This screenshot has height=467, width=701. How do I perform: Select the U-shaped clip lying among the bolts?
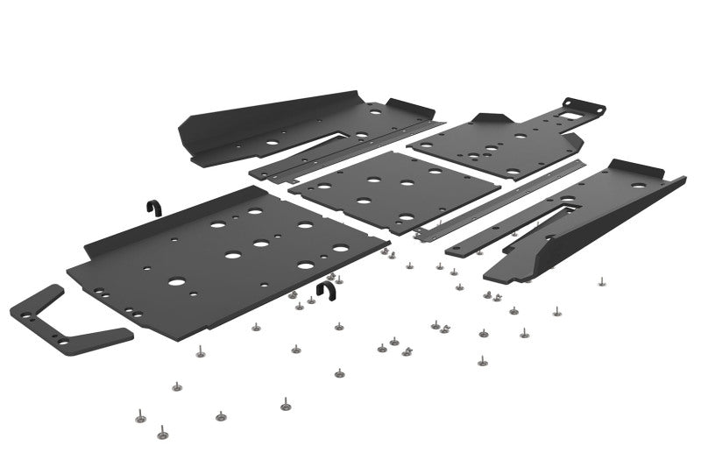[x=326, y=293]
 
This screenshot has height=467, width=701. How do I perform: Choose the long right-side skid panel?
[x=587, y=219]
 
